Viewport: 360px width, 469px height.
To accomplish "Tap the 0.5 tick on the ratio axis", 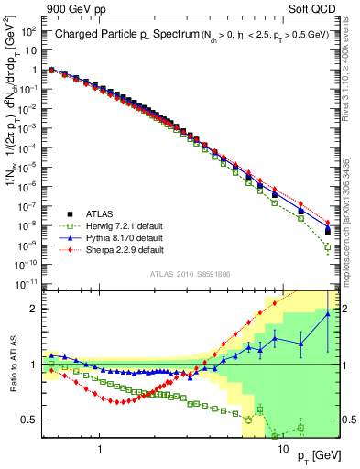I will tap(29, 420).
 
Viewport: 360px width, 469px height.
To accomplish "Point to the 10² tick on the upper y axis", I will tap(27, 30).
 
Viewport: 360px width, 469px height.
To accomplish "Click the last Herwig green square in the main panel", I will tap(328, 247).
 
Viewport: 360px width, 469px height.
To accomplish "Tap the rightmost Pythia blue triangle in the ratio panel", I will tap(328, 314).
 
